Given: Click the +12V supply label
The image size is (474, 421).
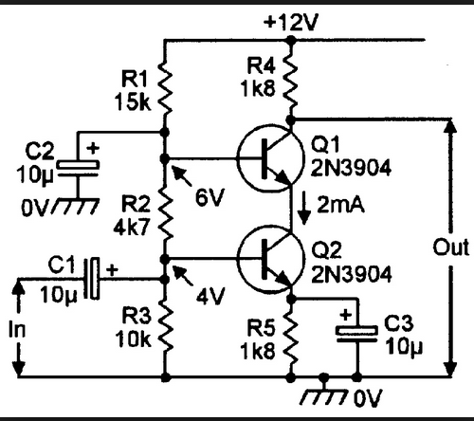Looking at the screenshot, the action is point(291,23).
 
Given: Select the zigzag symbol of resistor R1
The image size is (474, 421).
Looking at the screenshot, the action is point(165,88).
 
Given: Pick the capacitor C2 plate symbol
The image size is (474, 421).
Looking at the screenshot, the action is point(78,168).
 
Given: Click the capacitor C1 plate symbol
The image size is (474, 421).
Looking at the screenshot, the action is point(92,278).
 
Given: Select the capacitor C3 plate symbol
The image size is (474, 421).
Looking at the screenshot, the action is point(356,334).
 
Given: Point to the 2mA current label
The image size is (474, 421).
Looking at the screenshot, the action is point(340,205).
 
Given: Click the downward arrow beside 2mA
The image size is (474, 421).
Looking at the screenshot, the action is point(304,208).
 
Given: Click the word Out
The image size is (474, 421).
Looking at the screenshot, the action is point(450,247).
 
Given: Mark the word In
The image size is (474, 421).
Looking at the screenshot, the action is point(17,330).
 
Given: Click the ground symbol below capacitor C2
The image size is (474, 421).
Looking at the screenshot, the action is point(75,206).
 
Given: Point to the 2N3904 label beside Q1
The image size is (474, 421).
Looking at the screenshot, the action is point(351,168).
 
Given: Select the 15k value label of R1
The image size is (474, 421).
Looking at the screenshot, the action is point(133,101).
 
